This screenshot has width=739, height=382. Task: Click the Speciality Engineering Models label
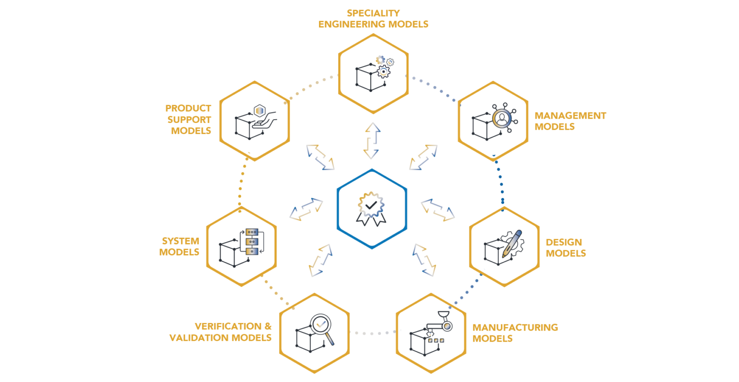[x=373, y=19]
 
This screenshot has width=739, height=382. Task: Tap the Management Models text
[x=570, y=121]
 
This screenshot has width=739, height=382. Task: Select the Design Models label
[x=565, y=247]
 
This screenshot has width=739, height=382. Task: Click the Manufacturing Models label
[x=514, y=333]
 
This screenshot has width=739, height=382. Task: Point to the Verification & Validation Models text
[x=221, y=332]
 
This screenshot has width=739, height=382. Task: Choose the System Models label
[x=179, y=246]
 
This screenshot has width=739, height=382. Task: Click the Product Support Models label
[x=189, y=120]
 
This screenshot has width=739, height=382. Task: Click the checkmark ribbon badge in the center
[x=371, y=208]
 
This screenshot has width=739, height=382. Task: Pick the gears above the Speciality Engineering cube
[x=384, y=66]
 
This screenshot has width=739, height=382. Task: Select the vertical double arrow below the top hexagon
[x=372, y=140]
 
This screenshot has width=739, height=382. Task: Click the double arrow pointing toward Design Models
[x=438, y=210]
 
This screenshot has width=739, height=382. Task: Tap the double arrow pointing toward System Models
[x=306, y=209]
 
